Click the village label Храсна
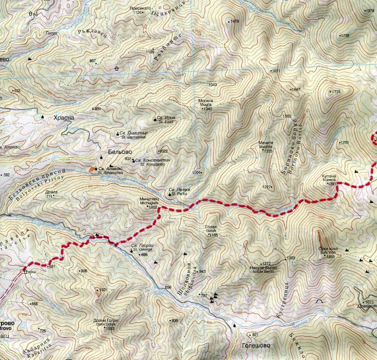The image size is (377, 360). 63,118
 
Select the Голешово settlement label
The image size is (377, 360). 258,346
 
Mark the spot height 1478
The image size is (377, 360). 234,21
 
